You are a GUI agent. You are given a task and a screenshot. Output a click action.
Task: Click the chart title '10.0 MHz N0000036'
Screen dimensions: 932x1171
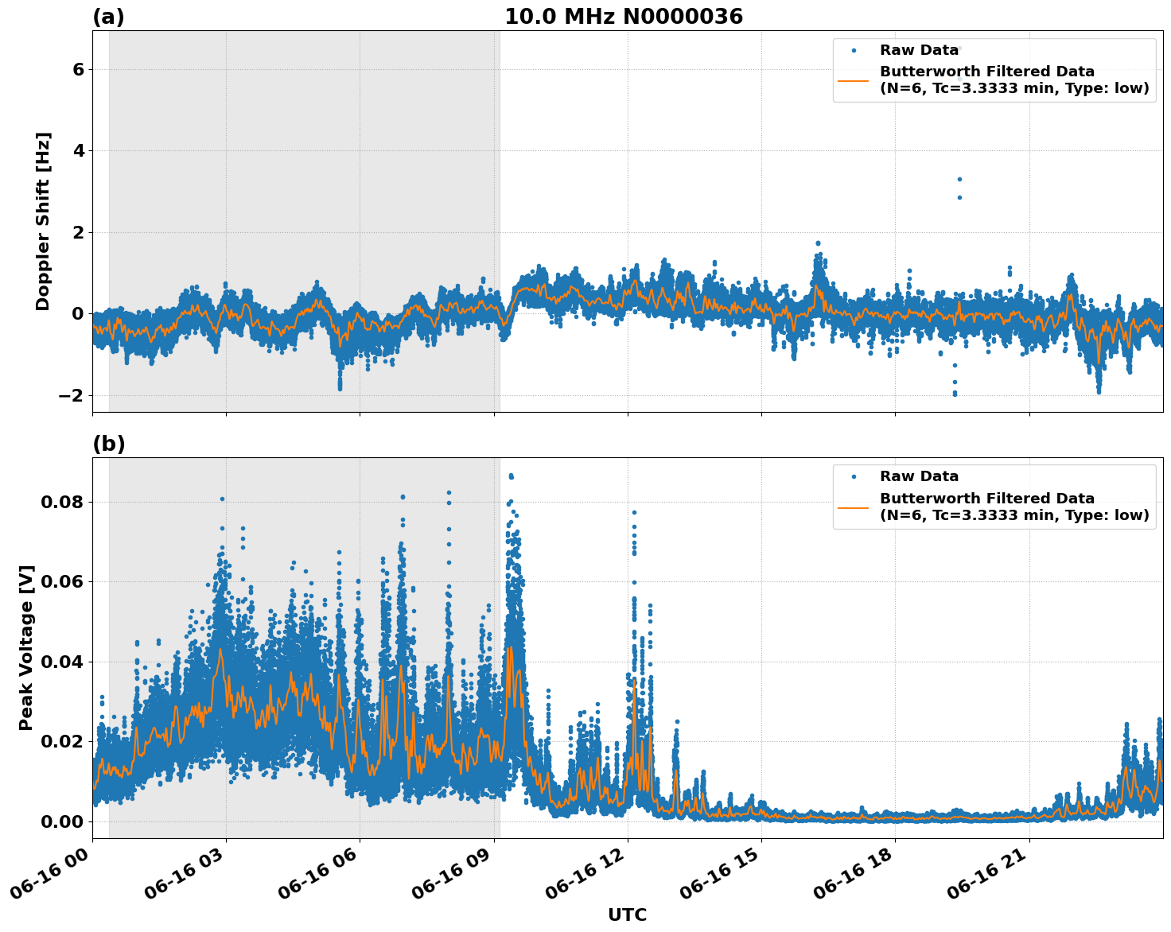[x=623, y=17]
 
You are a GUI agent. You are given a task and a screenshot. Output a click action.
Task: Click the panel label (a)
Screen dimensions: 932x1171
[x=108, y=17]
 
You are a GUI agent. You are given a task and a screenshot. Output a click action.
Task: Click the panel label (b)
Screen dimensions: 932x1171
[x=108, y=444]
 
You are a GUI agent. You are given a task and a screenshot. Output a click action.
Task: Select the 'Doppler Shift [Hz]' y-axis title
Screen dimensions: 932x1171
[x=43, y=221]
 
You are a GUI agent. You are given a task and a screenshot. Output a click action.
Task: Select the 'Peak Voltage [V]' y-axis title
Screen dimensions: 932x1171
[x=26, y=647]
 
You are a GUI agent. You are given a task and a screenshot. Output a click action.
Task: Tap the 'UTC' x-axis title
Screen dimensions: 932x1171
[x=627, y=915]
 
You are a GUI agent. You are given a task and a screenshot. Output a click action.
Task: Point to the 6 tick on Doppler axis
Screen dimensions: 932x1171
[x=78, y=70]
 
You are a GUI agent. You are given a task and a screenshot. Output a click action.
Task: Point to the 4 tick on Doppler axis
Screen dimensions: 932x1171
[x=78, y=151]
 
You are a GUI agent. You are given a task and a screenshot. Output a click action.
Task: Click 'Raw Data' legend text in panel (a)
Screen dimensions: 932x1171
[x=919, y=50]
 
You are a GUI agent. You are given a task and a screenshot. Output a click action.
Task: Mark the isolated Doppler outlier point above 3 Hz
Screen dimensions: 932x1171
[x=959, y=180]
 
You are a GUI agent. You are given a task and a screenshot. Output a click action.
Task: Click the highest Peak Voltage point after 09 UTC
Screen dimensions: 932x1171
[x=511, y=476]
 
